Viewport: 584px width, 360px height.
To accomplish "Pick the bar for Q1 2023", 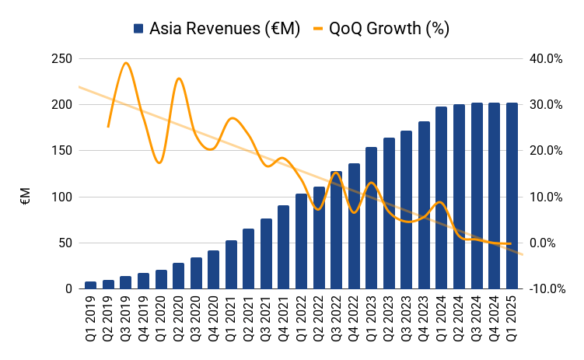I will (x=371, y=218).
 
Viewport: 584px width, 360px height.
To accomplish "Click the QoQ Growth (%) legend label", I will (x=389, y=29).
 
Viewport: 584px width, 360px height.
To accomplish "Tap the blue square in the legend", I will (x=138, y=29).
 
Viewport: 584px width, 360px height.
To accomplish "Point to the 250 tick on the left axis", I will (x=61, y=59).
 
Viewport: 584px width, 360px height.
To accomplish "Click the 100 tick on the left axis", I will (x=61, y=197).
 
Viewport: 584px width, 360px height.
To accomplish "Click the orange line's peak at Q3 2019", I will (x=126, y=63).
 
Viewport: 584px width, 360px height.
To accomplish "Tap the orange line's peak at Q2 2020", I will (x=179, y=78).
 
